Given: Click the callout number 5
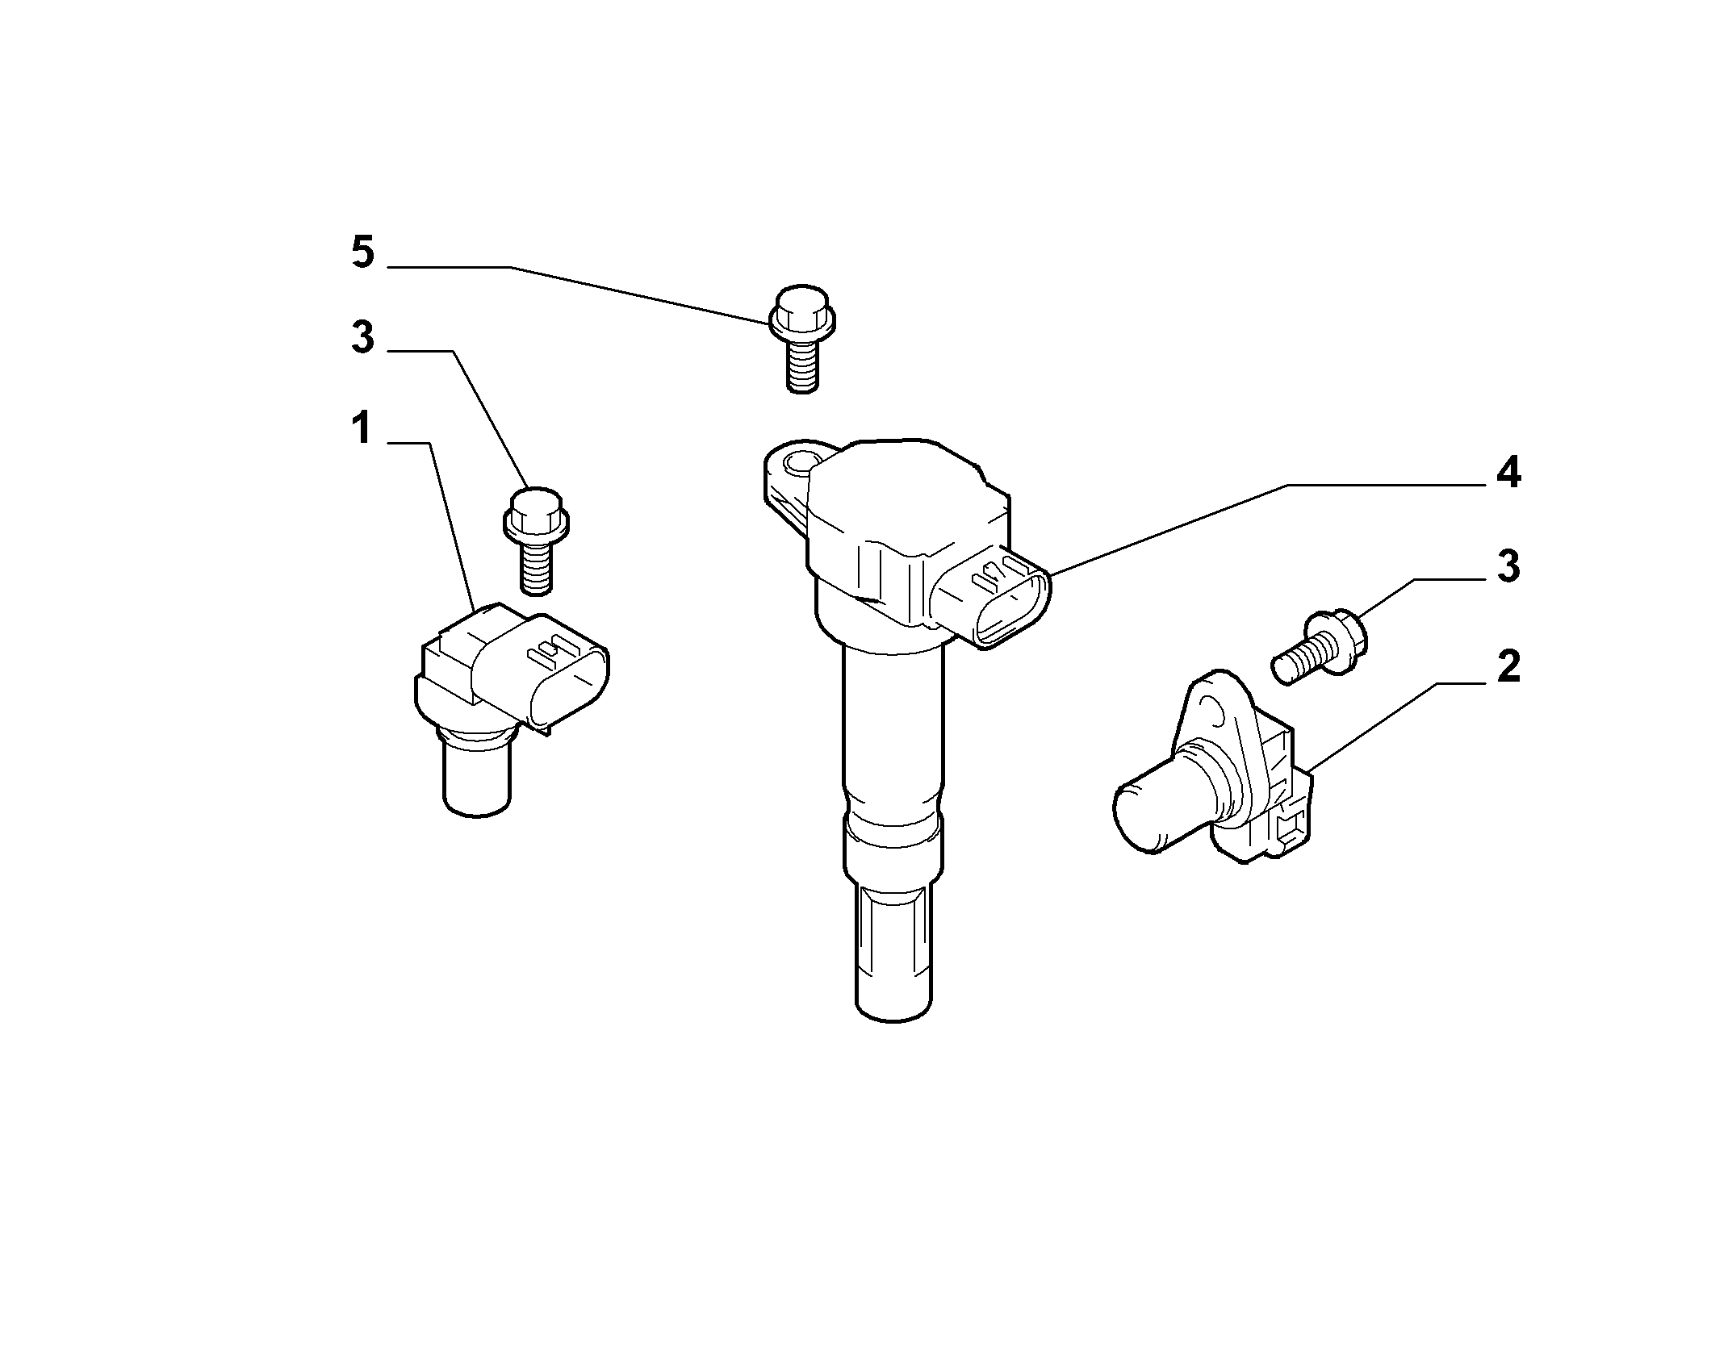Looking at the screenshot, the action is [363, 252].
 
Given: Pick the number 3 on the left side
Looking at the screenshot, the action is [363, 337].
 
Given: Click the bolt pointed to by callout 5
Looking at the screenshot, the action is [801, 339].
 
